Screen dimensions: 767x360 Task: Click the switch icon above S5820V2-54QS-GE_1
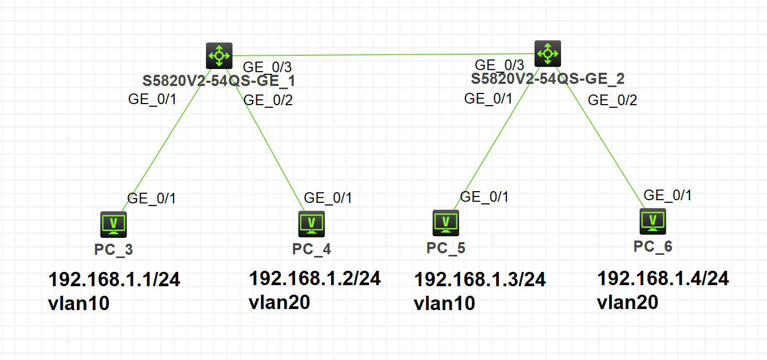(x=219, y=56)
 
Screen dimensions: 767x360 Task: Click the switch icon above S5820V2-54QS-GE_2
(x=547, y=54)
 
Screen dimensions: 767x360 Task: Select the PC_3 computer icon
(x=114, y=225)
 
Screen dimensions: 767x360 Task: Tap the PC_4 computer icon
(x=311, y=224)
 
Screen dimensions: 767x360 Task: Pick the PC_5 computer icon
(x=445, y=223)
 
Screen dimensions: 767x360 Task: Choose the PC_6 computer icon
(x=653, y=221)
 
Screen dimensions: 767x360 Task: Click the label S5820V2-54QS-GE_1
(x=219, y=81)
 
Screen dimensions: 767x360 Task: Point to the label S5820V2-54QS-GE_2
(x=547, y=79)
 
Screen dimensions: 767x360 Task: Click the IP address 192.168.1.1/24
(x=114, y=279)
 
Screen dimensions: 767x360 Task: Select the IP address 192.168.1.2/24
(x=315, y=278)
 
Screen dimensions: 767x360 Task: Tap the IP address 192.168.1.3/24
(x=480, y=279)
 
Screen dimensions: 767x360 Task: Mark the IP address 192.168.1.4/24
(x=663, y=278)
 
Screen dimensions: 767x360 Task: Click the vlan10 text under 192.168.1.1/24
(x=79, y=304)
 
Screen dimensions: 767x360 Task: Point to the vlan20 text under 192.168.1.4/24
(x=627, y=303)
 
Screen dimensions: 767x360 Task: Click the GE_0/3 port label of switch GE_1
(x=267, y=67)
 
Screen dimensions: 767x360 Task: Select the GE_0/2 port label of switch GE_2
(x=612, y=100)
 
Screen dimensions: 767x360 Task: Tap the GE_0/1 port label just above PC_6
(x=667, y=195)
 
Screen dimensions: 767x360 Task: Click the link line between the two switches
(x=383, y=55)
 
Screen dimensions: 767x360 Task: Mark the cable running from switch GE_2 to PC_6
(x=600, y=138)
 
